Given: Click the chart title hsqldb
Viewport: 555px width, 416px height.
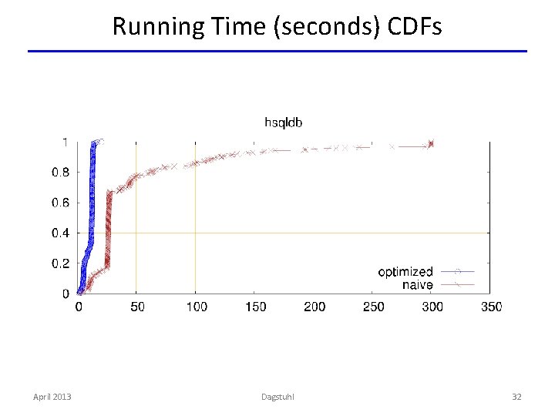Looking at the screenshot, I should [284, 122].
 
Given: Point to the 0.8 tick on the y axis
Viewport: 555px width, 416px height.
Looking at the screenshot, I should [60, 173].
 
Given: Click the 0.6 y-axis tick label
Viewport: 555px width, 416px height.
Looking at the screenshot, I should [60, 203].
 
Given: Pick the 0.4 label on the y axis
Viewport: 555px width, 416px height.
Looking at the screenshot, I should [60, 233].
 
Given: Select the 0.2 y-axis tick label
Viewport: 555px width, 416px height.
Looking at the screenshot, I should [60, 263].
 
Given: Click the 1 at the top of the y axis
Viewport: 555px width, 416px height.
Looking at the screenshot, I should [65, 142].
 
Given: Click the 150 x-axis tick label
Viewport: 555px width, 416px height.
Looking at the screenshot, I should [255, 307].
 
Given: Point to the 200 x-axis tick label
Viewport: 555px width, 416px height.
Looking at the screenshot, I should [314, 307].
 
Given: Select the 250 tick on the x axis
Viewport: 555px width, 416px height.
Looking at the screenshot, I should [373, 307].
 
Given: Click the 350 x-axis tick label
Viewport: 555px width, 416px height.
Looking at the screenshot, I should [490, 307].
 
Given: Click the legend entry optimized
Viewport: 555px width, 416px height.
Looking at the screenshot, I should [405, 272].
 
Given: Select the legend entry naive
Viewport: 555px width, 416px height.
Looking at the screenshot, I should [418, 285].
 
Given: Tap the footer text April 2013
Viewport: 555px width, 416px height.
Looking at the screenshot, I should [52, 397].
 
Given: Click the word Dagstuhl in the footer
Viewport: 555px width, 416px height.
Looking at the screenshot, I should [277, 397].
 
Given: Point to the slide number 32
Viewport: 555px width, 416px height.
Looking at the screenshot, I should [516, 397].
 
